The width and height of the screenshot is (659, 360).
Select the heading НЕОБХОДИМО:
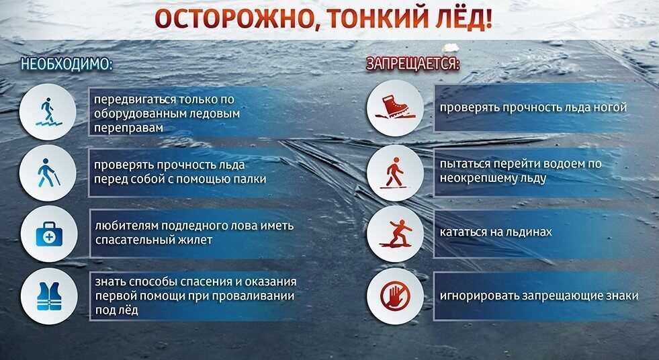(x=66, y=64)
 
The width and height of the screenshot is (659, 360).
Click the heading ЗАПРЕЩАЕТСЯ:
(x=412, y=64)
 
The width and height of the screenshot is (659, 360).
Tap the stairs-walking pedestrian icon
(x=46, y=112)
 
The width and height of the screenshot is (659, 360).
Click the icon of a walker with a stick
(x=46, y=174)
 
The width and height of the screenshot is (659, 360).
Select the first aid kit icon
(x=46, y=235)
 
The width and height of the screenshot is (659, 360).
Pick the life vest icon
(x=46, y=296)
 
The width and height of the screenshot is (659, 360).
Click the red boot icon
(x=395, y=107)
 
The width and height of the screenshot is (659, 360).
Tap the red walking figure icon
(x=395, y=173)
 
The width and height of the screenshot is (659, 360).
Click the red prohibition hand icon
(x=395, y=296)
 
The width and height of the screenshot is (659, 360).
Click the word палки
(x=248, y=179)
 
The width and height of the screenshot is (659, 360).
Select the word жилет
(x=197, y=240)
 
